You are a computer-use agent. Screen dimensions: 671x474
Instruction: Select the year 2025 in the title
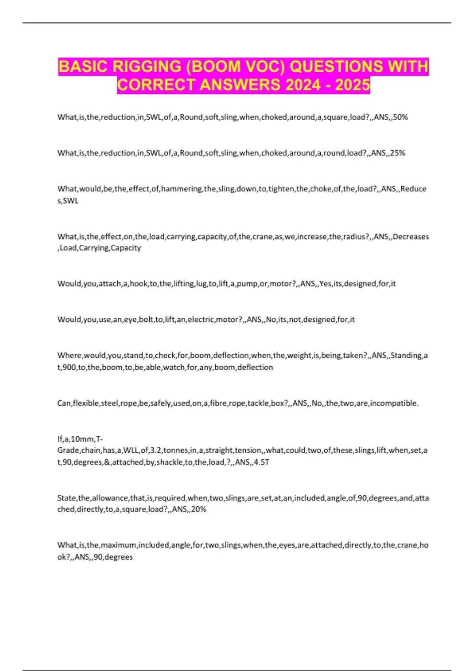click(352, 85)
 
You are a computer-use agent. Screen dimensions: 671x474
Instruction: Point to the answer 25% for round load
click(397, 153)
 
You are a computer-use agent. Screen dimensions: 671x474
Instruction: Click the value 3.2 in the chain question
click(156, 450)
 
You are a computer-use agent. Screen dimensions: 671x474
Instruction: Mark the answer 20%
click(199, 510)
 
